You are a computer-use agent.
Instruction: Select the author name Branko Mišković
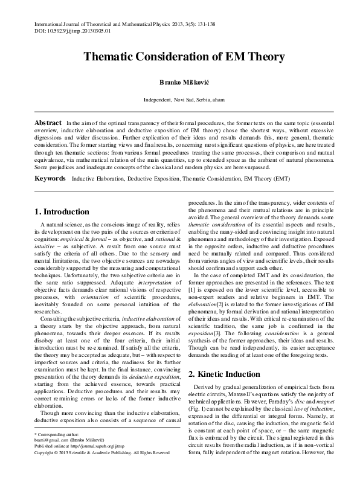tap(180, 82)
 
